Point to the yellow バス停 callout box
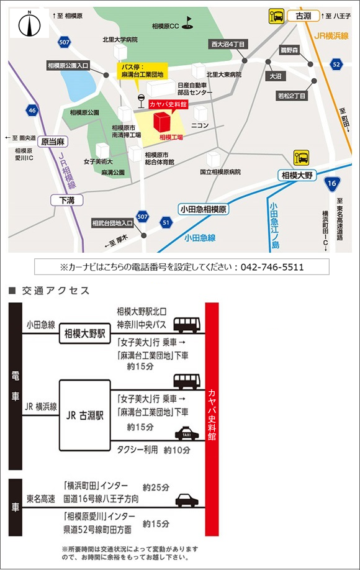tap(142, 70)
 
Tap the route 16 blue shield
tap(331, 183)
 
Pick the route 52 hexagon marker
tap(336, 63)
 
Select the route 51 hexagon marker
tap(164, 222)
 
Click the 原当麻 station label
tap(52, 142)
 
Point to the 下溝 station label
tap(66, 199)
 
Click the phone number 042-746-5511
tap(274, 267)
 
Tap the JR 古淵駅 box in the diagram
tap(84, 415)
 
